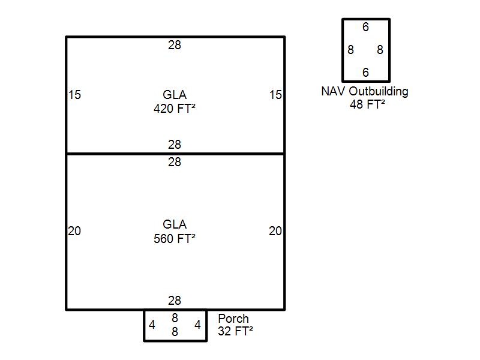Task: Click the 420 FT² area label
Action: (175, 109)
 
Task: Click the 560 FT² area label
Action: (175, 239)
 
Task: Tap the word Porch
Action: (233, 319)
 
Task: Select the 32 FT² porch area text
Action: (235, 331)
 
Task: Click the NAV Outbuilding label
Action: (365, 92)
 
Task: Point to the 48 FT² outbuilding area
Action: (367, 104)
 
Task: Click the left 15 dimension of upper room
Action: (74, 95)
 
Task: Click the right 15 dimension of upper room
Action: (275, 95)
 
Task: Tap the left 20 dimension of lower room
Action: (74, 231)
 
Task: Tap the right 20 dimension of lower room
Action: (275, 231)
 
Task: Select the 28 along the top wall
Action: (175, 45)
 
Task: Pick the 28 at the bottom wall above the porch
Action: (175, 301)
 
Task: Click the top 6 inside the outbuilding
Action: (365, 27)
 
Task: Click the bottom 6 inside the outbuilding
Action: (365, 73)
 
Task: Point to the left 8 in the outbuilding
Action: (351, 50)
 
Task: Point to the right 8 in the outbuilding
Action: (380, 50)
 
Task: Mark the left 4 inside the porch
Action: (152, 325)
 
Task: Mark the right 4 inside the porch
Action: (198, 325)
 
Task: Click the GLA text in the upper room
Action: (175, 95)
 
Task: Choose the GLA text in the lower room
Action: (175, 224)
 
